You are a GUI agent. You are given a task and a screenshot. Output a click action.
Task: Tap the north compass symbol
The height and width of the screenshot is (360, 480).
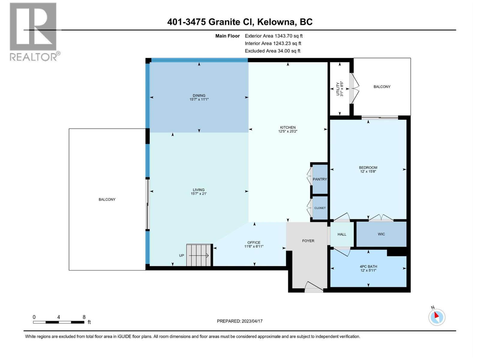[x=436, y=317]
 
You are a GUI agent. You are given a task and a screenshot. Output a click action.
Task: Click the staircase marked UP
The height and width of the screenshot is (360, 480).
[x=199, y=255]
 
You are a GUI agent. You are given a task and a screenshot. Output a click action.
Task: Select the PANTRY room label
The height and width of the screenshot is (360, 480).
[x=320, y=179]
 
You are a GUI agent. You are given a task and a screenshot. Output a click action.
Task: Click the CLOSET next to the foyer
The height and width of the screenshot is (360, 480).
[x=320, y=208]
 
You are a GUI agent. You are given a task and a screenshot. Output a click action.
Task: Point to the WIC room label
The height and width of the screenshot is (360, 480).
[x=381, y=234]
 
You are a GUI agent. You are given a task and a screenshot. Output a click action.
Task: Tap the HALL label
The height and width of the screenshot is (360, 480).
[x=342, y=234]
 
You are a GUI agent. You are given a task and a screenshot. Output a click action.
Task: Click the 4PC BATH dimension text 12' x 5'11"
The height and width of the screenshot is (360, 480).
[x=368, y=270]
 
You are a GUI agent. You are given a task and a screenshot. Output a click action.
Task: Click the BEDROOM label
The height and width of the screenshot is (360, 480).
[x=368, y=167]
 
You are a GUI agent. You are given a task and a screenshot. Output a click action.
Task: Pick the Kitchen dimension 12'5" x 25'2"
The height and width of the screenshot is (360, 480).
[x=288, y=131]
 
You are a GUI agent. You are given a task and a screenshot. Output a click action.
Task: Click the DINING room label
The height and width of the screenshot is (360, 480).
[x=199, y=95]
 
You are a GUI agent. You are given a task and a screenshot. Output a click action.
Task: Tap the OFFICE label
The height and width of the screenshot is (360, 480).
[x=254, y=242]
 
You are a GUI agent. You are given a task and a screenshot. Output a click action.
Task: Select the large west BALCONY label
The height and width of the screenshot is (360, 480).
[x=107, y=199]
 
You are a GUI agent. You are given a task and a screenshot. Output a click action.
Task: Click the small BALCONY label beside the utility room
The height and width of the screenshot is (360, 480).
[x=382, y=87]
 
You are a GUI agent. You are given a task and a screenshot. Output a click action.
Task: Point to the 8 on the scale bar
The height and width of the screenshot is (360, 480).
[x=84, y=317]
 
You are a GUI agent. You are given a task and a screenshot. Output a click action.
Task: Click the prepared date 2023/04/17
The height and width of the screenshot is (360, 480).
[x=252, y=321]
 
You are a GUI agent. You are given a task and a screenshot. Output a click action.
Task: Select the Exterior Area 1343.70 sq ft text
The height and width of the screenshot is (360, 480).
[x=274, y=36]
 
